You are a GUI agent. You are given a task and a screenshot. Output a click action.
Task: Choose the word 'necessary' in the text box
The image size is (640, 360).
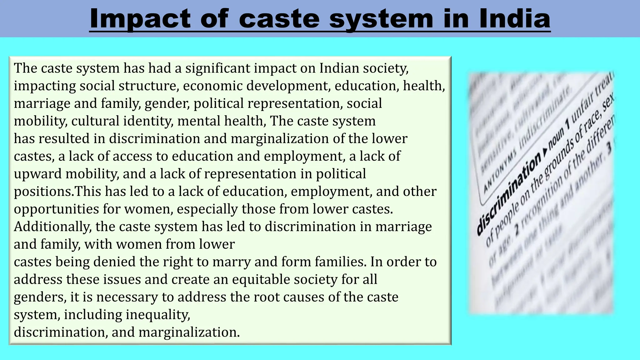pyautogui.click(x=127, y=297)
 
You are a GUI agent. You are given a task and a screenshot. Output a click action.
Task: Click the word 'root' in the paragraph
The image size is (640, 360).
pyautogui.click(x=267, y=297)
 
